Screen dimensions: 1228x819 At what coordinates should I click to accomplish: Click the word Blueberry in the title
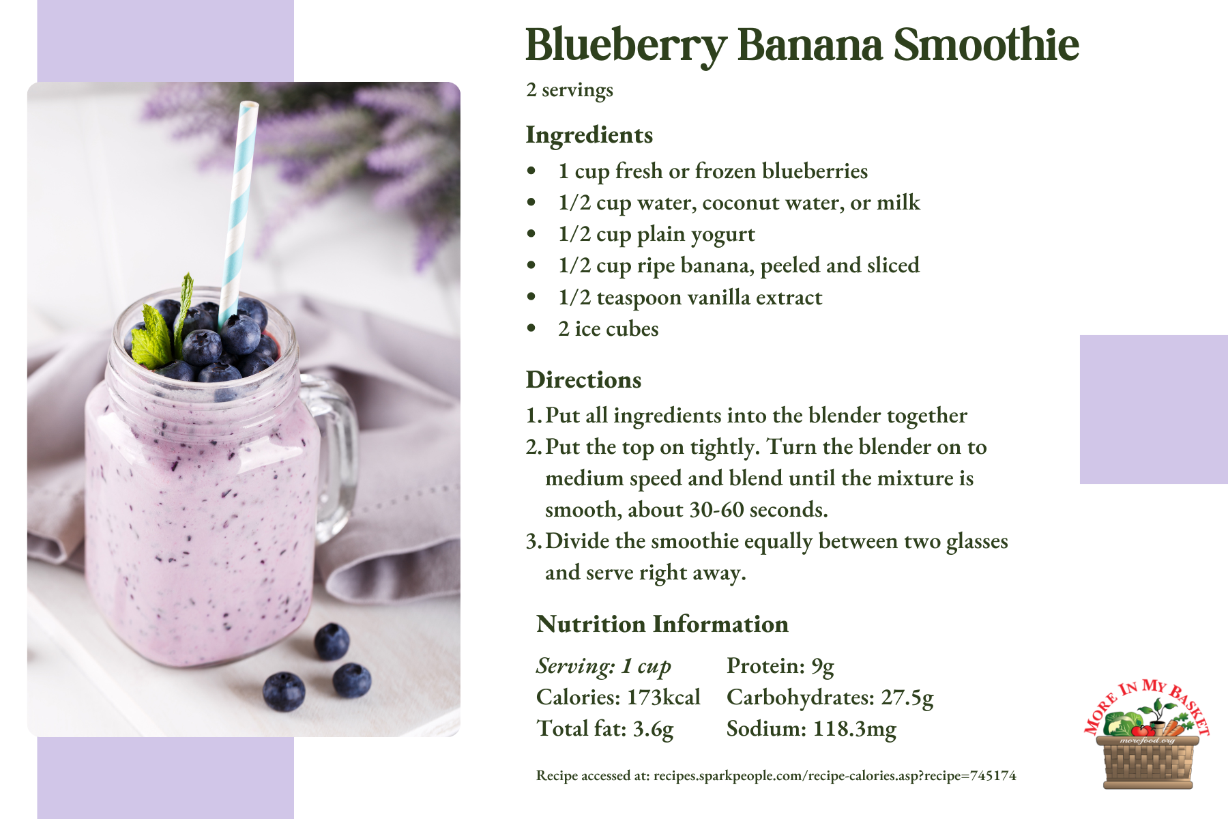coord(626,46)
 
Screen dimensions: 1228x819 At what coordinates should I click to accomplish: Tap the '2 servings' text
coord(570,90)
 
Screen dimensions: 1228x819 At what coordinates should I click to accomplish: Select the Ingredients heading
coord(589,135)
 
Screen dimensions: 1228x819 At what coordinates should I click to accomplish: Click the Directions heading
coord(583,379)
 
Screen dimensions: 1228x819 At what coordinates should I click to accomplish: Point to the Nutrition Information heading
coord(662,624)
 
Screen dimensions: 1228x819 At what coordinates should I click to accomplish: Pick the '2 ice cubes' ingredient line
coord(608,329)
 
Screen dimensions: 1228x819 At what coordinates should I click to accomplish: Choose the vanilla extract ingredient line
coord(690,298)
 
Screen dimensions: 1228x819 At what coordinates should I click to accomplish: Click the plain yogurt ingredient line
coord(656,235)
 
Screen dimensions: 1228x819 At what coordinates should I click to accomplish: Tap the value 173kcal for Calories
coord(664,697)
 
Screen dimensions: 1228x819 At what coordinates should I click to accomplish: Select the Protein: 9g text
coord(780,666)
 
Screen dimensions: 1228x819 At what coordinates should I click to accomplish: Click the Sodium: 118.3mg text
coord(811,729)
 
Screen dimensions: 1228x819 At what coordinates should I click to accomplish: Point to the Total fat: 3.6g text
coord(605,729)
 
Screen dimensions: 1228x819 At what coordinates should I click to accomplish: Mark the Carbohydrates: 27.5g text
coord(830,698)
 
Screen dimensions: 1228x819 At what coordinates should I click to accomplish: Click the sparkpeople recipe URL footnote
coord(776,775)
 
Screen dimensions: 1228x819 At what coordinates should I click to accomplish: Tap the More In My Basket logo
coord(1147,734)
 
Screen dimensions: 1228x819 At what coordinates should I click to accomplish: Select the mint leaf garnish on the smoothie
coord(162,324)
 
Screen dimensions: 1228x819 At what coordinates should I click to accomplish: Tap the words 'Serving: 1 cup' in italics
coord(604,666)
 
